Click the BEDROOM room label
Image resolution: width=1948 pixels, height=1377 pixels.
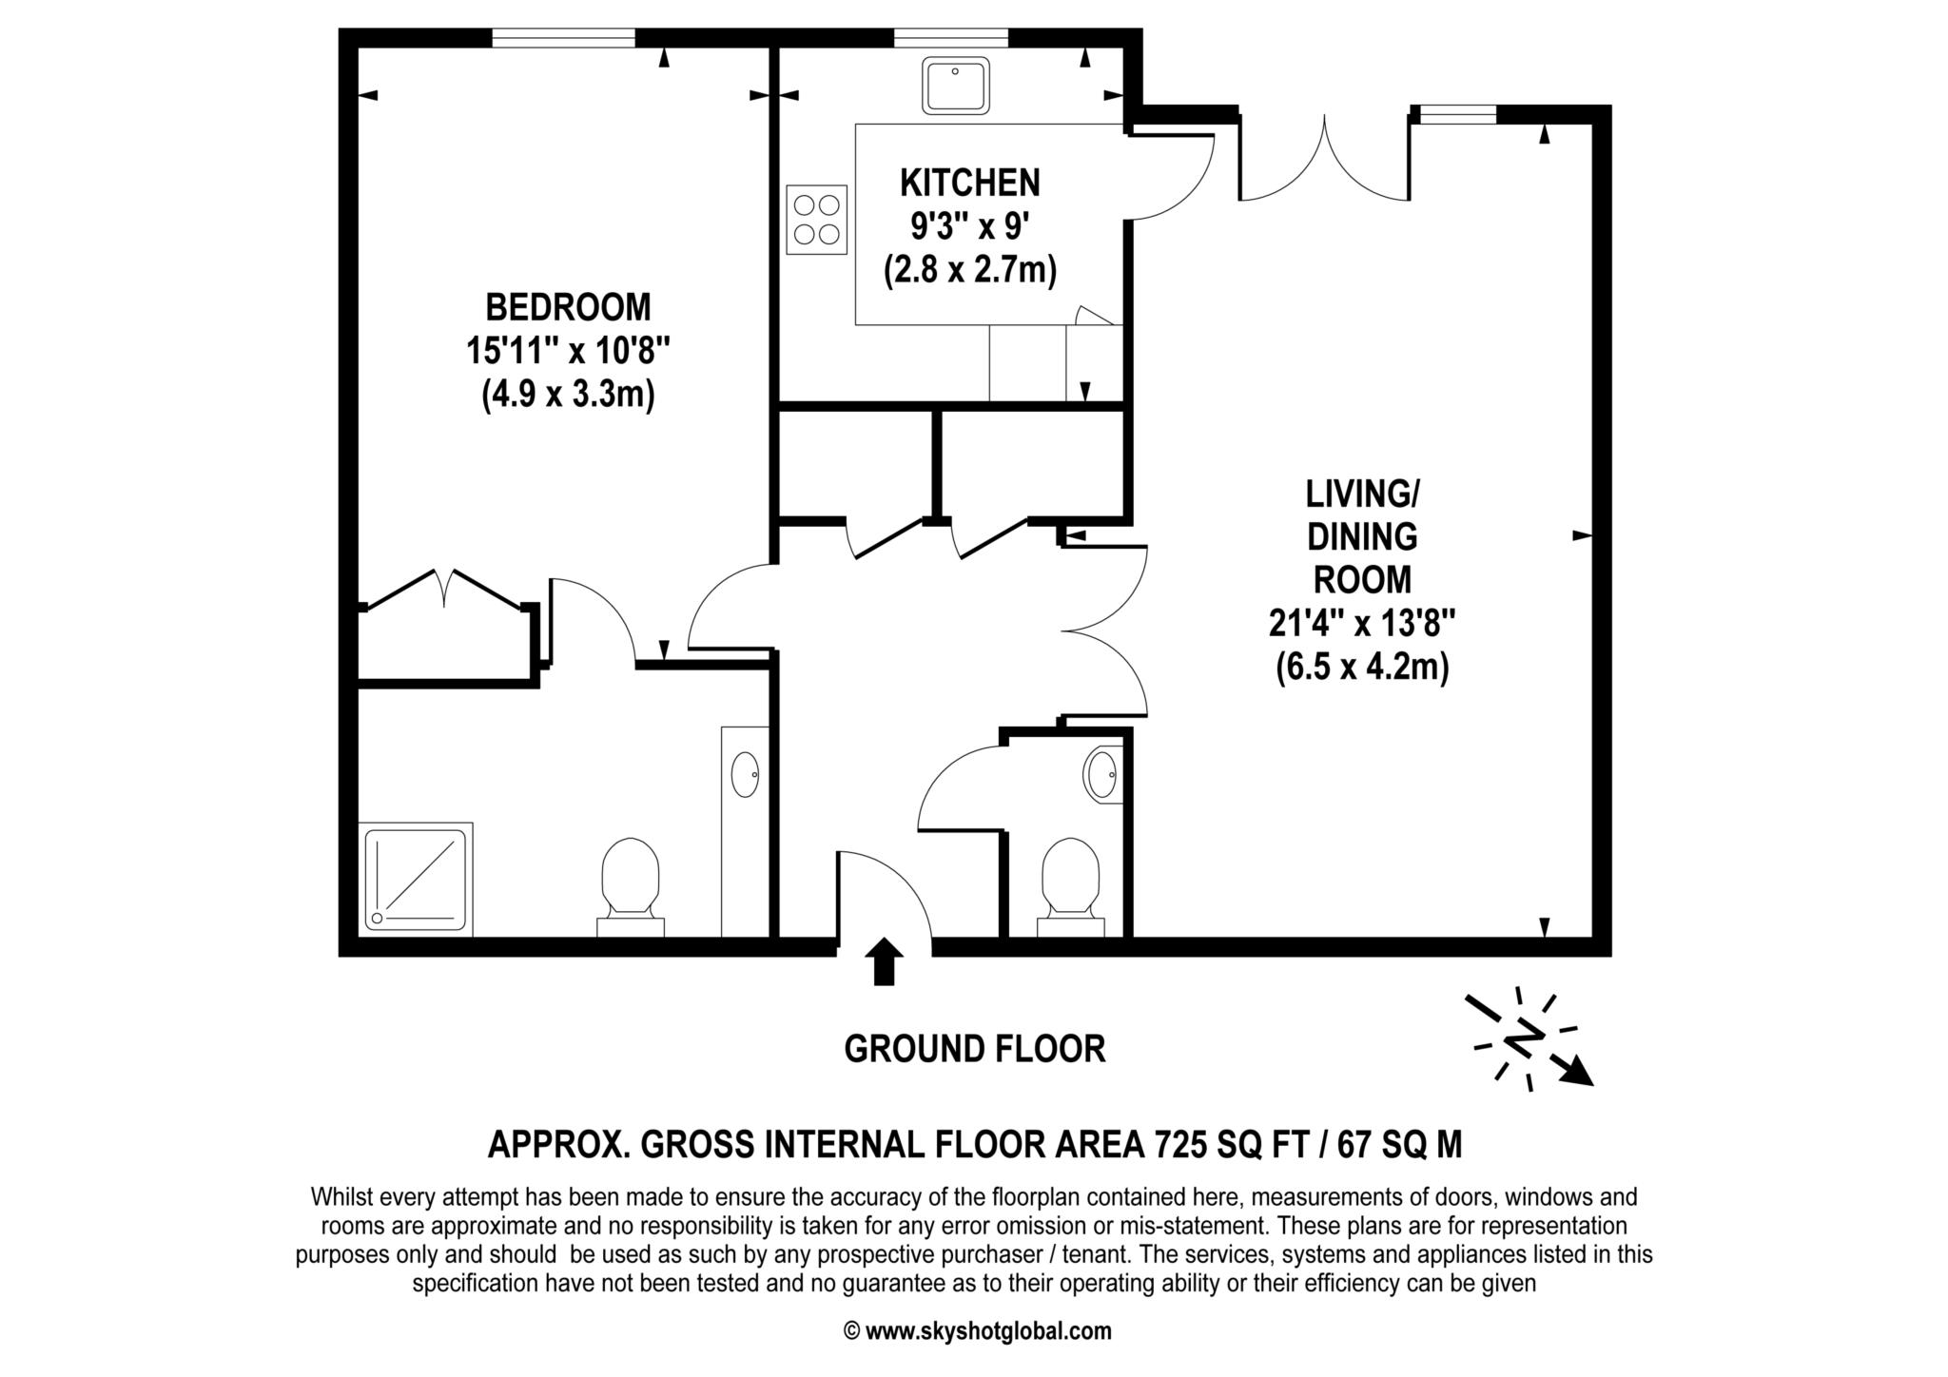tap(568, 308)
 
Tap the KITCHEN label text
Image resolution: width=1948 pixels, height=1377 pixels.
tap(969, 182)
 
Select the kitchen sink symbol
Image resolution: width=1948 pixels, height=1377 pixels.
tap(955, 85)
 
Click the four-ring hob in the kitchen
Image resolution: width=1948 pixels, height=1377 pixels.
tap(816, 220)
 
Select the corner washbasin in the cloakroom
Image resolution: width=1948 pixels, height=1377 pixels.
tap(1103, 774)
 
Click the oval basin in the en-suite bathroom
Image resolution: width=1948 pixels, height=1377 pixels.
tap(745, 774)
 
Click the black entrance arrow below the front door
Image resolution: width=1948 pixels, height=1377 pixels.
tap(885, 960)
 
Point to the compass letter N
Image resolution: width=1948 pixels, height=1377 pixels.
tap(1527, 1038)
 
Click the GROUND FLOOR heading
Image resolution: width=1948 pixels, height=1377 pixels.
tap(974, 1049)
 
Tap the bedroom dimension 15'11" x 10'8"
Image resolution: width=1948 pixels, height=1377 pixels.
tap(568, 351)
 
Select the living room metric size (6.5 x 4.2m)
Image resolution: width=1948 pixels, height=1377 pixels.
tap(1361, 668)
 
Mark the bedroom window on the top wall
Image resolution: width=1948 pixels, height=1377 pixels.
tap(563, 38)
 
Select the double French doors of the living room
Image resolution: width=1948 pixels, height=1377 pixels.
tap(1324, 162)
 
